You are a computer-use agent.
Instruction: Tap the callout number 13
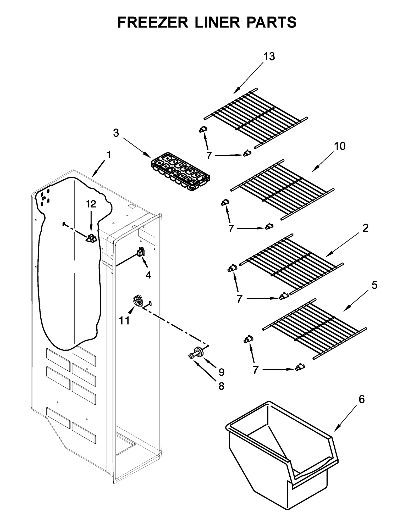point(269,57)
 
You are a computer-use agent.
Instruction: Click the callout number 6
point(361,399)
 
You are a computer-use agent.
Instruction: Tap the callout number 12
point(91,204)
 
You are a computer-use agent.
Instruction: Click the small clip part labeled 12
point(91,238)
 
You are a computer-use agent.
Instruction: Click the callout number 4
point(148,275)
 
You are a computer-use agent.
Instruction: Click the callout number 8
point(221,386)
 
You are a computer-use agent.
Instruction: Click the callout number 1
point(109,155)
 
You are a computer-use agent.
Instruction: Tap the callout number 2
point(365,228)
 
